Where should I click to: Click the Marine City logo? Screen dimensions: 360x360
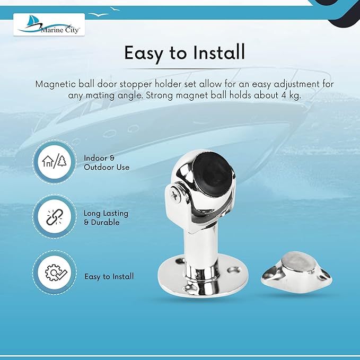pyautogui.click(x=49, y=24)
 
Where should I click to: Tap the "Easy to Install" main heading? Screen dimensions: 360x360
pyautogui.click(x=185, y=53)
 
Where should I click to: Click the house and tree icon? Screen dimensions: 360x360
pyautogui.click(x=55, y=162)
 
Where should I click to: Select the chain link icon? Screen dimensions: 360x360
pyautogui.click(x=55, y=217)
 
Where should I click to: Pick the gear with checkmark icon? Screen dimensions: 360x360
pyautogui.click(x=55, y=273)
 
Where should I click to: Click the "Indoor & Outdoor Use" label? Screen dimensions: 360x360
pyautogui.click(x=107, y=163)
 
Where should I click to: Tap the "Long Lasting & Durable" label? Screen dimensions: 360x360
pyautogui.click(x=106, y=218)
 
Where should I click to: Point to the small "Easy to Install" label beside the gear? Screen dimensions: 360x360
pyautogui.click(x=109, y=276)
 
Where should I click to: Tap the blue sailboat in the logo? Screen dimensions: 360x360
pyautogui.click(x=31, y=21)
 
